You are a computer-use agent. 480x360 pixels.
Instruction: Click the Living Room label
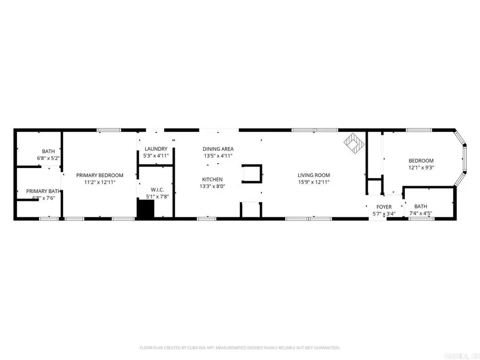[x=314, y=175]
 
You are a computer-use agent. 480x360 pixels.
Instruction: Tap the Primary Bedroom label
[x=99, y=175]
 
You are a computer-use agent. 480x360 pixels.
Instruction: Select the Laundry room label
[x=156, y=149]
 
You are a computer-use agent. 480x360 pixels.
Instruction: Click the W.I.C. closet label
[x=156, y=189]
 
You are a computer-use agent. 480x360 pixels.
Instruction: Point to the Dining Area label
[x=218, y=149]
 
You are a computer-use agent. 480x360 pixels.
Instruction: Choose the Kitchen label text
[x=212, y=179]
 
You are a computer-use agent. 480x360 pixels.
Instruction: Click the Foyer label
[x=384, y=206]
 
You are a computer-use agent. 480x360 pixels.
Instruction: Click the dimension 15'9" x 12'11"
[x=314, y=182]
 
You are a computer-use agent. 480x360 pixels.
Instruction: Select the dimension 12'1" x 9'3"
[x=421, y=168]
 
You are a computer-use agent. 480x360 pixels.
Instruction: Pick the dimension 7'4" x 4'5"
[x=421, y=213]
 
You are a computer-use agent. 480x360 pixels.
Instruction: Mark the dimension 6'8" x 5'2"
[x=49, y=158]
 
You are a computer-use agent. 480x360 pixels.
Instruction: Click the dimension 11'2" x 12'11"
[x=99, y=182]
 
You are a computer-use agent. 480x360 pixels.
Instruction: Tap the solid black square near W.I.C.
[x=145, y=209]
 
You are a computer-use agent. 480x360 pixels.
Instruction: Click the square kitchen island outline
[x=252, y=174]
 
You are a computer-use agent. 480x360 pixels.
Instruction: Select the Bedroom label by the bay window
[x=421, y=161]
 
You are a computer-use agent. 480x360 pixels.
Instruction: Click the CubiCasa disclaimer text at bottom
[x=239, y=347]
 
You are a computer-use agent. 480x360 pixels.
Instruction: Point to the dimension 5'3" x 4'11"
[x=156, y=156]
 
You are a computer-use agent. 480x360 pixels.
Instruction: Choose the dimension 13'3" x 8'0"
[x=212, y=187]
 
